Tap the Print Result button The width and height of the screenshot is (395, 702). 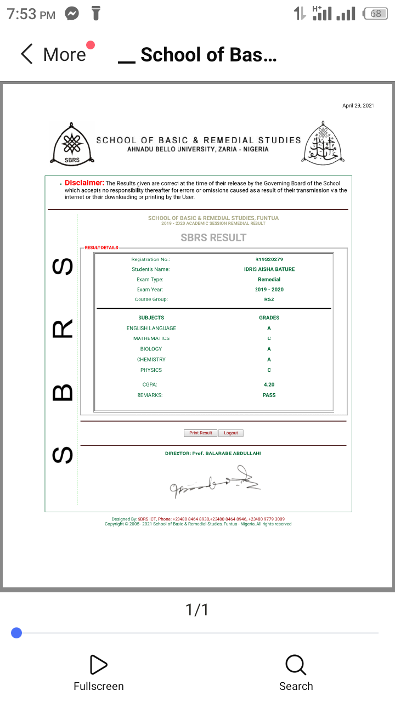200,433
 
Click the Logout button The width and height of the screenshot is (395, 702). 231,433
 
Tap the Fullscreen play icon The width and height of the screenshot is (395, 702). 98,665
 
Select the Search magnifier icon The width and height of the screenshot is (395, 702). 296,665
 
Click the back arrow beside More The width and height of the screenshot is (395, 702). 27,54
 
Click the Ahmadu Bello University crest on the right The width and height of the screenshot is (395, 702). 323,143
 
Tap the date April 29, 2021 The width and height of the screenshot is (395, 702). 358,105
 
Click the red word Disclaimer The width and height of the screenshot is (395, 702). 84,183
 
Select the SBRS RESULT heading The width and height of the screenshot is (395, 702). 213,237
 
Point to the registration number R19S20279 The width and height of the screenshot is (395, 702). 269,259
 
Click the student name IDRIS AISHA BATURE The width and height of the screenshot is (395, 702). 269,269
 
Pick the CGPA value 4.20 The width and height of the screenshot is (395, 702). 269,384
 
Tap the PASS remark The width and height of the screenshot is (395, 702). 269,395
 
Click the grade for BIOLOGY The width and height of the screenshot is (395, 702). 269,349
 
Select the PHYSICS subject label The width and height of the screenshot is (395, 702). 151,370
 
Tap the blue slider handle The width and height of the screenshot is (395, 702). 16,633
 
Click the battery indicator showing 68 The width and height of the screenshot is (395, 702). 375,14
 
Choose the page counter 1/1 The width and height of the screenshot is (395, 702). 197,609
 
